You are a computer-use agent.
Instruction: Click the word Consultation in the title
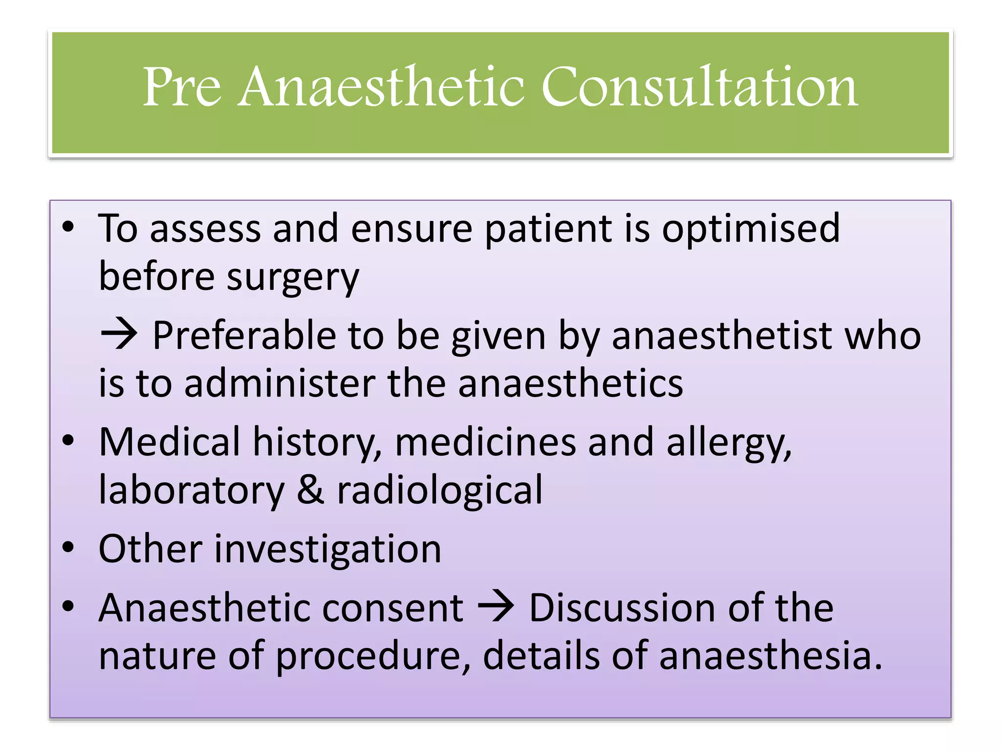(699, 87)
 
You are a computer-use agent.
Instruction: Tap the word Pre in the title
(182, 87)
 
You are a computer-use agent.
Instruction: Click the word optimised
(751, 229)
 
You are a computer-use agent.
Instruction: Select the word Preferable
(244, 335)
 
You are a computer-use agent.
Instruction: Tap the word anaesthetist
(722, 335)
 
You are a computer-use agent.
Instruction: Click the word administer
(280, 383)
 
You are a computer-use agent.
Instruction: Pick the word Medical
(169, 442)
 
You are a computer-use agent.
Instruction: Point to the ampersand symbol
(310, 490)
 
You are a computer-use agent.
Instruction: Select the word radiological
(440, 490)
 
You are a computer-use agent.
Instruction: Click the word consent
(392, 608)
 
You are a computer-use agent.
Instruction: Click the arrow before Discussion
(496, 607)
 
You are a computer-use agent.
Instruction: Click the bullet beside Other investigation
(68, 548)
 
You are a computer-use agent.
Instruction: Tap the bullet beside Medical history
(68, 440)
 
